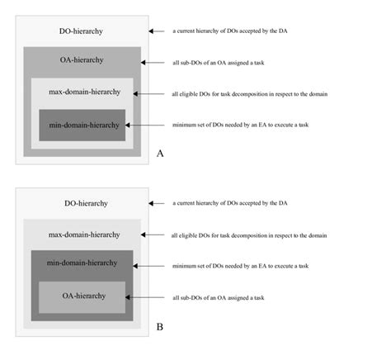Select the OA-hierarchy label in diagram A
(82, 60)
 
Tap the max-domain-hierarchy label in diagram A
(82, 92)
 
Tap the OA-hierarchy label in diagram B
(82, 296)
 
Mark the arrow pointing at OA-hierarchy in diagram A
(148, 62)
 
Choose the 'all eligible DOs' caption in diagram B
(250, 235)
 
